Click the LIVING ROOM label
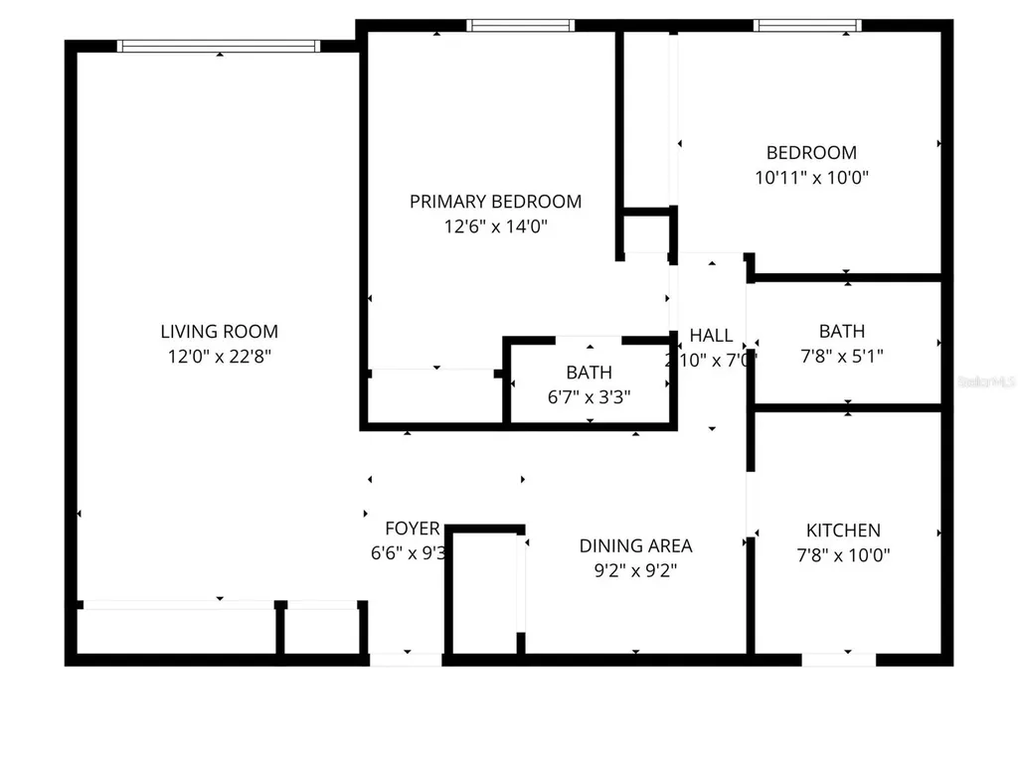pos(219,332)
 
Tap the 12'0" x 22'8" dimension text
pos(219,357)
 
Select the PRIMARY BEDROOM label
pos(495,202)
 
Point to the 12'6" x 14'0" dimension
pos(495,227)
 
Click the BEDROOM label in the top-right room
pos(810,153)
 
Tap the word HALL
pos(711,336)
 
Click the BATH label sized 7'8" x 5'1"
pos(841,331)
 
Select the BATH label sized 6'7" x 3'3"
pos(589,373)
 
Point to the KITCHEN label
pos(842,531)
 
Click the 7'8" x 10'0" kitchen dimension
pos(842,555)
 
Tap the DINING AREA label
pos(635,545)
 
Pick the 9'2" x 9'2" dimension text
pos(635,570)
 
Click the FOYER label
pos(412,529)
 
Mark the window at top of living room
pos(219,46)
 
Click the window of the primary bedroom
pos(520,26)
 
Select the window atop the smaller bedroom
pos(807,26)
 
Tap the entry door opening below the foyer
pos(406,659)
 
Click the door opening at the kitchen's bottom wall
pos(838,659)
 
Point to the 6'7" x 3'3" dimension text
pos(589,396)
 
